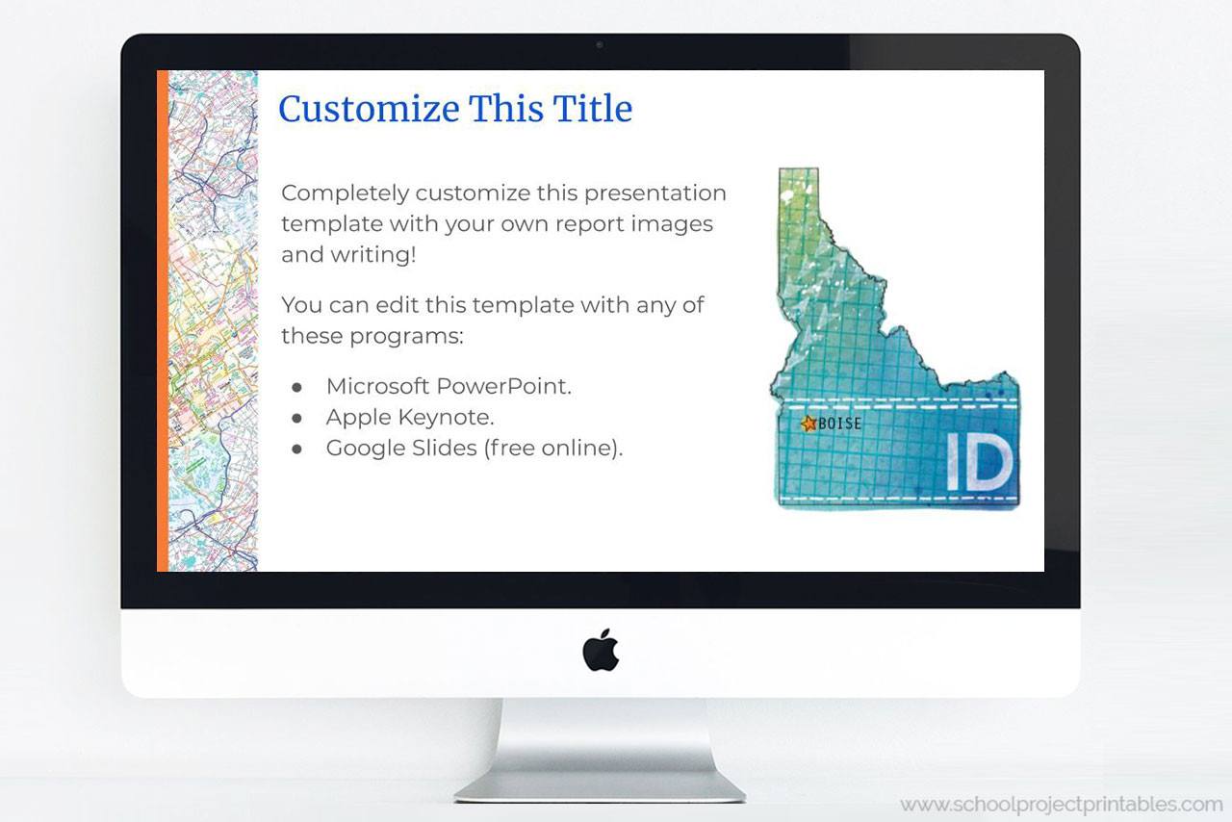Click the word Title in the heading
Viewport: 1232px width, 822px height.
(592, 109)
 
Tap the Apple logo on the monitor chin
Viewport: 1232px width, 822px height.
(601, 650)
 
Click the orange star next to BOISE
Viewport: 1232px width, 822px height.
(808, 424)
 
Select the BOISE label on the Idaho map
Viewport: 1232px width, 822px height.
(839, 424)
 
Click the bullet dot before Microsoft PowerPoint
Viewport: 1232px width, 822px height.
(297, 387)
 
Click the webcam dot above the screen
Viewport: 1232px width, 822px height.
(600, 44)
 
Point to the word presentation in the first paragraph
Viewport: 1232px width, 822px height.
(655, 193)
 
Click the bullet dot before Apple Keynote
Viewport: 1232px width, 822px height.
(297, 418)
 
